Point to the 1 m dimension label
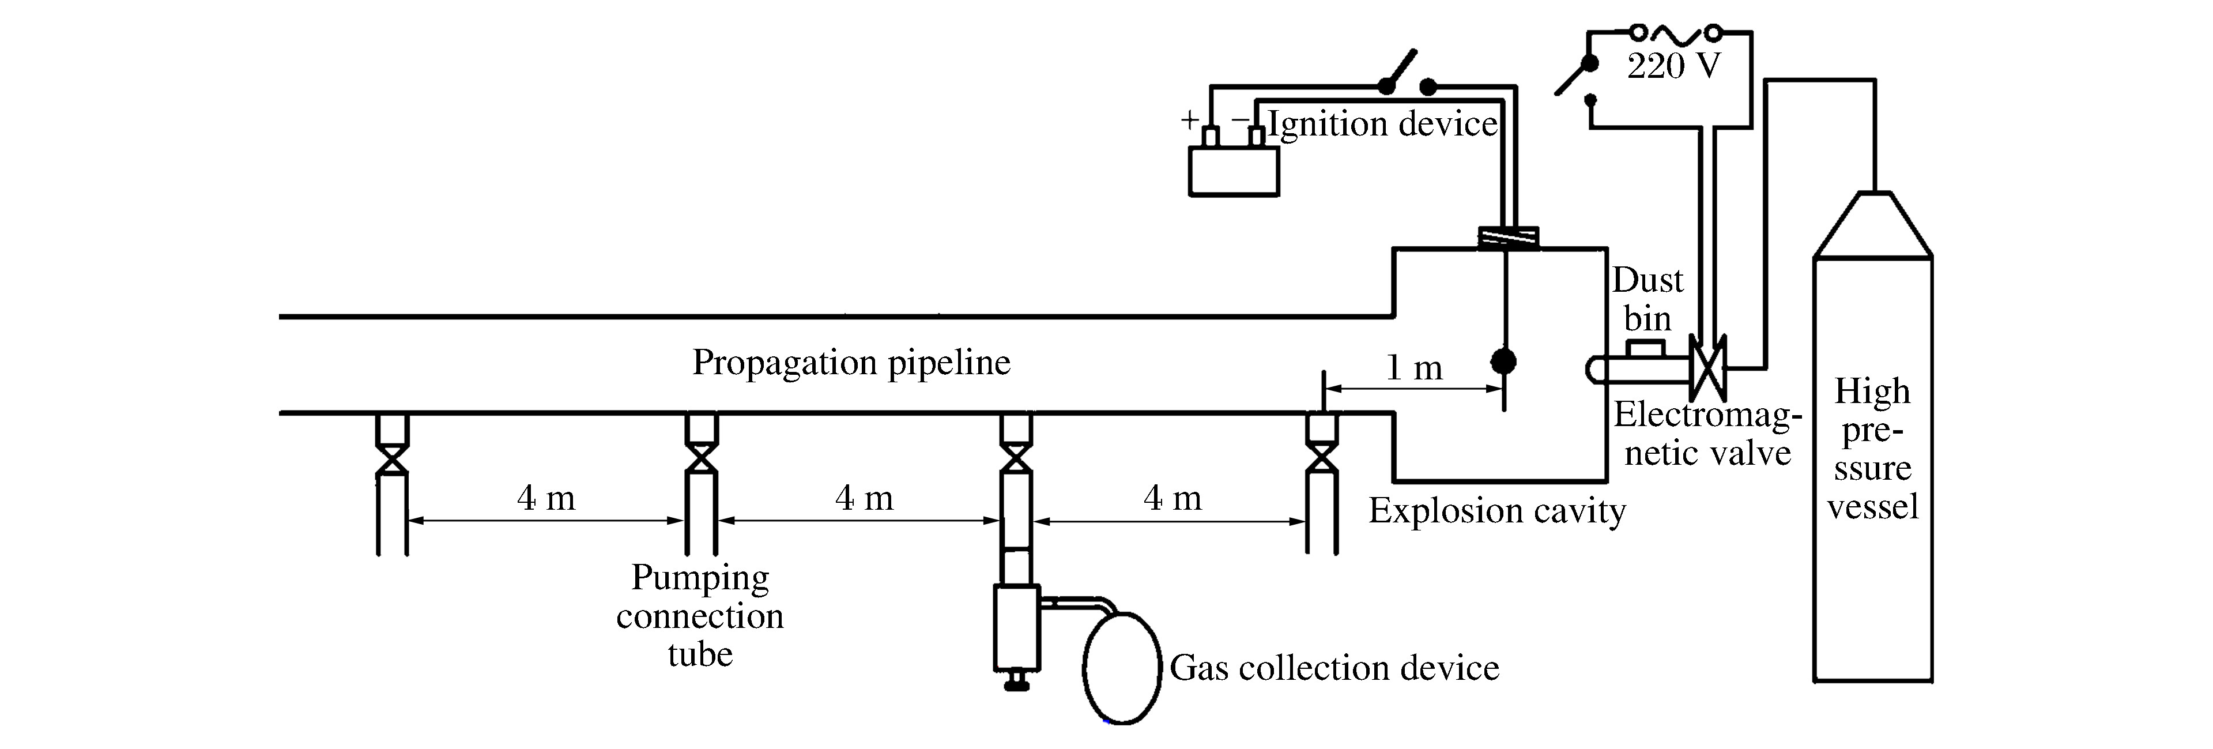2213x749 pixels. [x=1414, y=368]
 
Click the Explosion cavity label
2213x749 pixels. [x=1496, y=511]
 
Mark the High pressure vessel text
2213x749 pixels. [x=1872, y=449]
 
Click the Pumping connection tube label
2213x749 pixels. [x=700, y=616]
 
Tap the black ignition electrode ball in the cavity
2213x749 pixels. [x=1503, y=361]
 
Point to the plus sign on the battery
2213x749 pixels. [x=1189, y=119]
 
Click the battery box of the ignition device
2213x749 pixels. [x=1233, y=171]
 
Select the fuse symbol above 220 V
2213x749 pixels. [x=1675, y=33]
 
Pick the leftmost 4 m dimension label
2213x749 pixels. [x=545, y=498]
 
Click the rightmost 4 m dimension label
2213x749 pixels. [x=1172, y=498]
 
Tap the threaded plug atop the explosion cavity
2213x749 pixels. [x=1507, y=237]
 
